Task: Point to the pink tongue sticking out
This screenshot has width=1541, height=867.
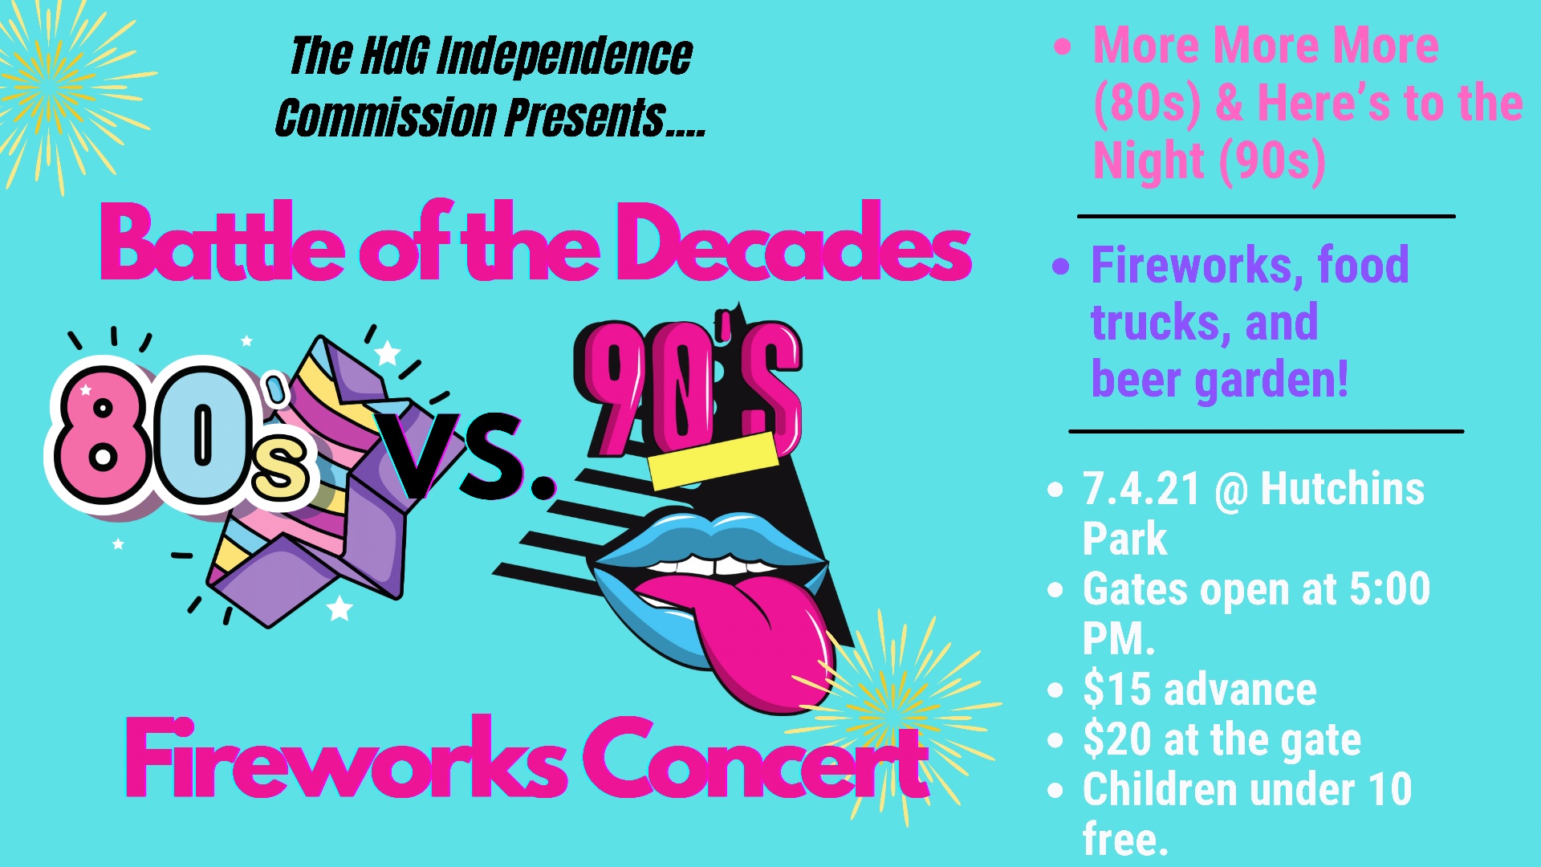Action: tap(762, 634)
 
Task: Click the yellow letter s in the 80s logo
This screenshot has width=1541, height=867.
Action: tap(279, 470)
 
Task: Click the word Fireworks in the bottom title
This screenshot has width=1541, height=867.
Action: tap(345, 759)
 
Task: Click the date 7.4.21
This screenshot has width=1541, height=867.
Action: tap(1141, 489)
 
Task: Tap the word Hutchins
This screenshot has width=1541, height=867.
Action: tap(1342, 489)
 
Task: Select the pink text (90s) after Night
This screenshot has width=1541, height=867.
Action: tap(1272, 161)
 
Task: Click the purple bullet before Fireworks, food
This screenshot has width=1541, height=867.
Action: tap(1061, 266)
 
